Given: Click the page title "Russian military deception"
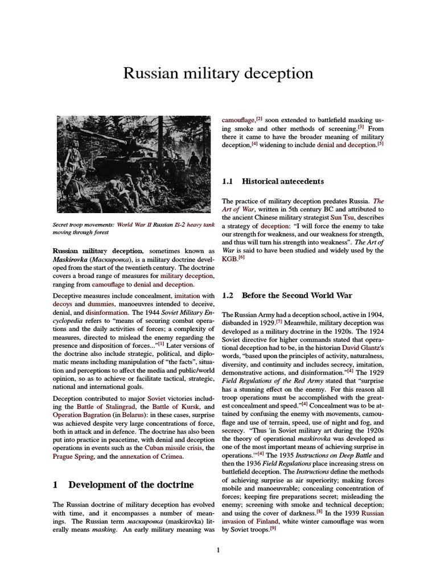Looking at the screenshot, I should pos(218,74).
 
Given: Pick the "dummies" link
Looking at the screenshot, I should pos(100,305).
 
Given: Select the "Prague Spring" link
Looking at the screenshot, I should pos(72,457).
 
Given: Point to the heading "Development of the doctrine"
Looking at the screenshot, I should pos(131,485).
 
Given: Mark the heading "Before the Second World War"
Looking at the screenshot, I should pos(296,296).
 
